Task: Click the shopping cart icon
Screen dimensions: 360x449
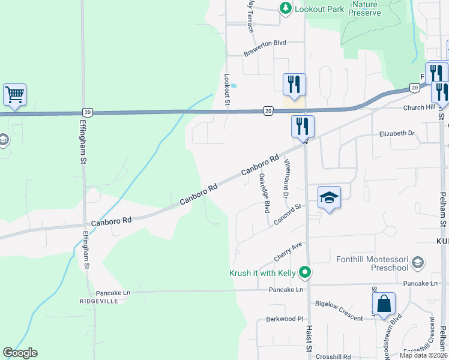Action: (x=14, y=94)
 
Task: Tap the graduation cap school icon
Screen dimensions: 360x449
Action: (x=329, y=197)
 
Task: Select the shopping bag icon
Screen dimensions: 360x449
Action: (x=384, y=304)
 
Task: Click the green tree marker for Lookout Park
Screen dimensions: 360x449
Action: (x=286, y=8)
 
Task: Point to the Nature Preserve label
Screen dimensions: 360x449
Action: (x=365, y=8)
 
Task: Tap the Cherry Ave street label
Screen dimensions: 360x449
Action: (x=288, y=251)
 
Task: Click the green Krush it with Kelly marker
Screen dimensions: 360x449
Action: (x=305, y=273)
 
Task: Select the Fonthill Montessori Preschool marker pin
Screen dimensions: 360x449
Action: (x=418, y=263)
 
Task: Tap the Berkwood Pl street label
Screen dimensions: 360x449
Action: (x=281, y=319)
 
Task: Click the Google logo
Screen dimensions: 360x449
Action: (x=20, y=353)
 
